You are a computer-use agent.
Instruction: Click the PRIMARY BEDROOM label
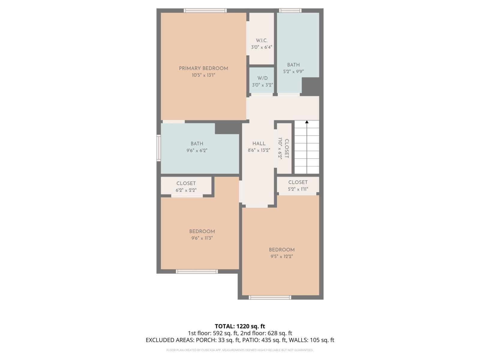point(203,68)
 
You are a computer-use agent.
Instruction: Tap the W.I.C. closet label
point(262,40)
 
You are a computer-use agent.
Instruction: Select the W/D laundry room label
point(262,78)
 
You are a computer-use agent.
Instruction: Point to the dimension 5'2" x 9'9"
point(293,72)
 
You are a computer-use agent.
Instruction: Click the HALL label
point(259,144)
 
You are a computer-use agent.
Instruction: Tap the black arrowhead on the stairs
point(307,122)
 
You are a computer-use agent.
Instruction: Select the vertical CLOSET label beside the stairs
point(286,148)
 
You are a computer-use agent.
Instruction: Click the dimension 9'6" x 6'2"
point(197,151)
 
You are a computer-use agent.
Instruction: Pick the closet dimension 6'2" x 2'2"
point(186,190)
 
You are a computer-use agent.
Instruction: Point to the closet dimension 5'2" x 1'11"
point(298,189)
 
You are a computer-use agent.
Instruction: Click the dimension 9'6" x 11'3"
point(202,238)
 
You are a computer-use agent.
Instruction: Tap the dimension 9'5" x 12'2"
point(281,256)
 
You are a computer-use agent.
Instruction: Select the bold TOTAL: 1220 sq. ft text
point(240,326)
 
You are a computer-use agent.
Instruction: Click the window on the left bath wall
point(159,148)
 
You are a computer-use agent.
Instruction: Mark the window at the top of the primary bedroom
point(205,10)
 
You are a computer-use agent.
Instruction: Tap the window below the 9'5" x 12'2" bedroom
point(270,297)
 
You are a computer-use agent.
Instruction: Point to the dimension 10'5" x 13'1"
point(203,75)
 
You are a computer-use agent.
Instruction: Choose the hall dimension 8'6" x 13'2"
point(259,151)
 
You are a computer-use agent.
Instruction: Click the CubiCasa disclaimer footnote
point(240,350)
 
